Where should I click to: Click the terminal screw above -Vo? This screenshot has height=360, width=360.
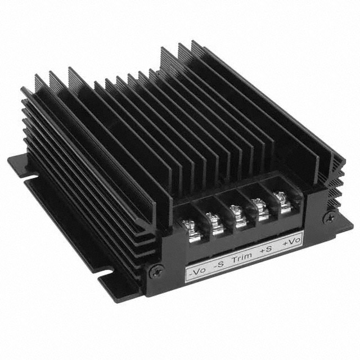tap(189, 229)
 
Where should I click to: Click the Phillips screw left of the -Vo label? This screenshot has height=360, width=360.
tap(154, 271)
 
